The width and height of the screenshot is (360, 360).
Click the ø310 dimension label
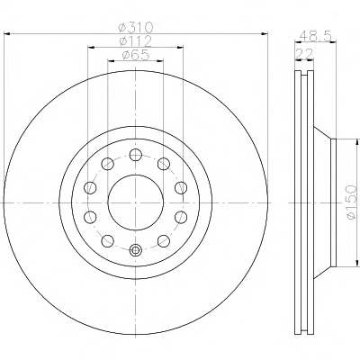point(136,28)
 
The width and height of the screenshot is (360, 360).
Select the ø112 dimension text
point(135,40)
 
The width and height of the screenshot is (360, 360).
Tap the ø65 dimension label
point(136,55)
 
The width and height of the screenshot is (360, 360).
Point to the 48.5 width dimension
point(316,36)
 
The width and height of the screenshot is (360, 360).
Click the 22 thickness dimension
point(304,54)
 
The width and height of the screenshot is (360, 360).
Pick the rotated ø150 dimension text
point(351,202)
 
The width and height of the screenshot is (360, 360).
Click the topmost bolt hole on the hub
point(136,155)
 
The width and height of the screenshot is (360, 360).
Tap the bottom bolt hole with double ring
point(136,250)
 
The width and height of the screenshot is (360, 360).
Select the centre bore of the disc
point(136,202)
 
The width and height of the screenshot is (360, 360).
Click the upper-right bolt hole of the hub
point(164,164)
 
